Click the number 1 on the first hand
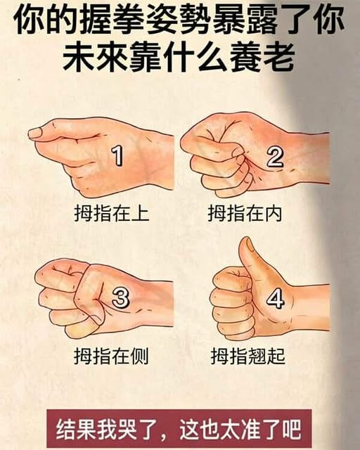coord(117,155)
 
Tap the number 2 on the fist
coord(275,156)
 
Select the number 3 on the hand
coord(120,297)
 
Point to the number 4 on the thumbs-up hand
coord(276,298)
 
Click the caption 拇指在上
coord(112,213)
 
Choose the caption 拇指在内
coord(245,213)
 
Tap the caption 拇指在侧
coord(111,356)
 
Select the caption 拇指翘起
coord(248,356)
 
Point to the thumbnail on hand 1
coord(35,133)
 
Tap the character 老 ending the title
coord(278,56)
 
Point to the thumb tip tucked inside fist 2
coord(240,151)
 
